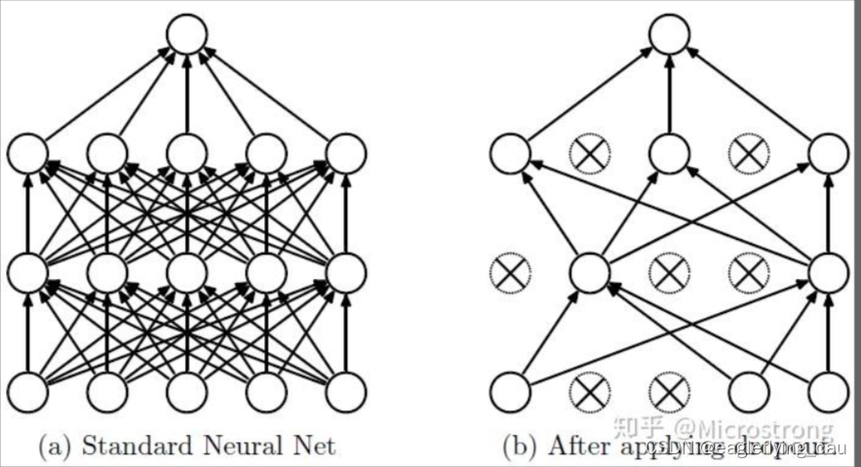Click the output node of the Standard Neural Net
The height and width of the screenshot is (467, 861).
(x=186, y=35)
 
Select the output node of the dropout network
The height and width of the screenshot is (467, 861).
(x=670, y=35)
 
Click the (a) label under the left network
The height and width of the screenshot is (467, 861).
(x=54, y=447)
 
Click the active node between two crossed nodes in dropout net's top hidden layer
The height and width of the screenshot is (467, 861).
(x=670, y=153)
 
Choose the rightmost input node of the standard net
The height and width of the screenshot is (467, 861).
(x=345, y=393)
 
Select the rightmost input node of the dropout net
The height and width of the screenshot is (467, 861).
(x=829, y=393)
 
